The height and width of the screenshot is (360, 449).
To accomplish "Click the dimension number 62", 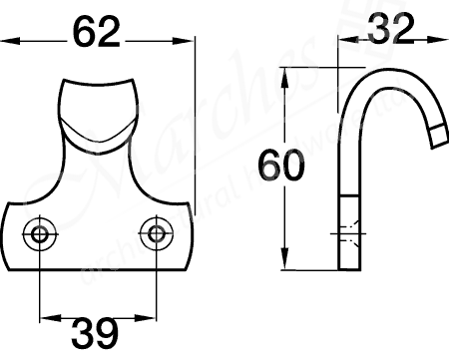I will (x=98, y=34).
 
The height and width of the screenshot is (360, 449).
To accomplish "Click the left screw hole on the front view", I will (x=40, y=233).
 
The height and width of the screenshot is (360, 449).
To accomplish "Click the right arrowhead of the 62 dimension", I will (x=188, y=41).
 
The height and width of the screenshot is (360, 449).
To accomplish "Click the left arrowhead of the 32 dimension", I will (x=344, y=41).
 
